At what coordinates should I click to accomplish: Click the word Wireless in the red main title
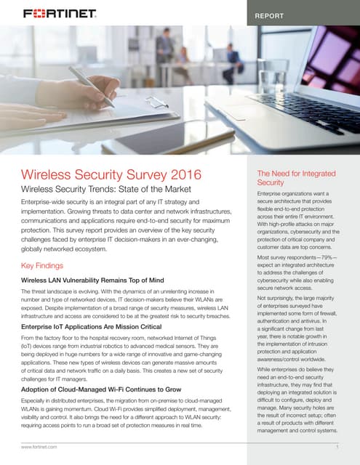[49, 175]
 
